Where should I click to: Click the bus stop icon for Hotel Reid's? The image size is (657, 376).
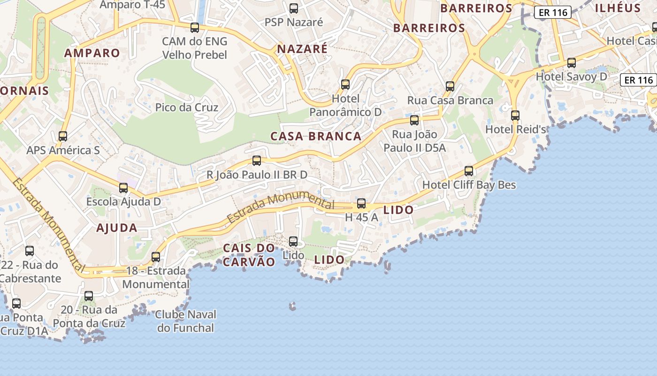point(515,115)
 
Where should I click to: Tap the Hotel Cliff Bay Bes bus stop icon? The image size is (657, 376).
point(469,171)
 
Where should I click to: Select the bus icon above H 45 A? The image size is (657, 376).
point(361,204)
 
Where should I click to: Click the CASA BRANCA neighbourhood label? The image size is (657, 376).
point(316,136)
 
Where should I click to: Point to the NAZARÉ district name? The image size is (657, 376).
point(302,49)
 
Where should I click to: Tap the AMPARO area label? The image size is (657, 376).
point(92,53)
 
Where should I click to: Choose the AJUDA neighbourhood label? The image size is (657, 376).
point(116,228)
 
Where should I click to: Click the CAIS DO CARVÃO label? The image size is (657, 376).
point(249,255)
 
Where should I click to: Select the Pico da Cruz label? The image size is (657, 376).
point(187,108)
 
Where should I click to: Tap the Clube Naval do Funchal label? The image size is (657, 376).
point(185,321)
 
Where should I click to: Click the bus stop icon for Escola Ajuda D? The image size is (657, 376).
point(123,188)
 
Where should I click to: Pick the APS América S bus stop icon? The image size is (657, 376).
point(63,136)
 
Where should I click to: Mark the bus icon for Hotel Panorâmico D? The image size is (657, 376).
point(345,85)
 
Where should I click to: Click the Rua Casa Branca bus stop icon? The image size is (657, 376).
point(450,86)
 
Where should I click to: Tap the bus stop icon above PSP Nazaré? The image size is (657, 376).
point(294,8)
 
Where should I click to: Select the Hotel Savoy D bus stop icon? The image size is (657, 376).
point(572,63)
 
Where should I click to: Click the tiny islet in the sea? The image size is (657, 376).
point(292,306)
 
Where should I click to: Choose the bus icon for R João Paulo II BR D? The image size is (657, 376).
point(257,161)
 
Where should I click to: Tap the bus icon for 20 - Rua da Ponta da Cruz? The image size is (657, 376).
point(89,296)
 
